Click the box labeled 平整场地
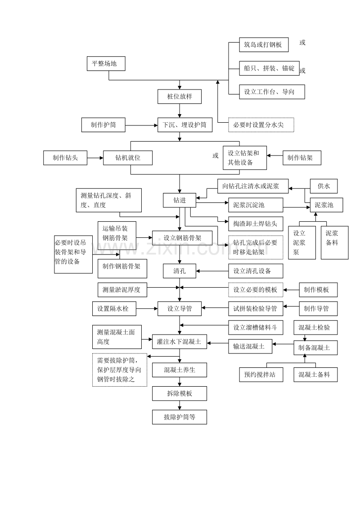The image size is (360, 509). [106, 64]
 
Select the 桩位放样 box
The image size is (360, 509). [180, 97]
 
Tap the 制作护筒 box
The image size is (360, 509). [103, 125]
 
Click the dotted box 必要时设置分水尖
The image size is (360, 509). [261, 125]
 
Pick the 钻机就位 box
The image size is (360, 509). [128, 158]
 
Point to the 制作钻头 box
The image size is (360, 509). [65, 158]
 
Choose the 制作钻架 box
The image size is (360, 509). [302, 158]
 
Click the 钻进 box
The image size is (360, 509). [180, 200]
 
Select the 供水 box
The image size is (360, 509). [324, 186]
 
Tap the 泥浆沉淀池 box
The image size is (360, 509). [256, 205]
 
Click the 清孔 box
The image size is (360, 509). [180, 271]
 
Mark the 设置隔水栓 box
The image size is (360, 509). [114, 309]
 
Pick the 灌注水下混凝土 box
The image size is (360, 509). [180, 342]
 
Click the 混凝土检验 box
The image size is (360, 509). [315, 327]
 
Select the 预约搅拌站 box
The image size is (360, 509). [261, 375]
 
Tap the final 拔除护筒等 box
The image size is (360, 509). [180, 417]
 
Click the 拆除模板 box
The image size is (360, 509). [180, 393]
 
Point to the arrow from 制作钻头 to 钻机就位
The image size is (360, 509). [95, 158]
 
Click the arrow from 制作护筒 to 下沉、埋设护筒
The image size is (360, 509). [142, 125]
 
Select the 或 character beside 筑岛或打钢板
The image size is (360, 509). [302, 43]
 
